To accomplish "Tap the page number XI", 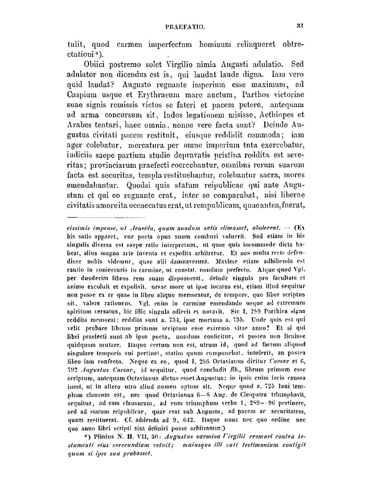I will pyautogui.click(x=300, y=26).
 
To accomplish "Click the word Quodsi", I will pyautogui.click(x=139, y=185).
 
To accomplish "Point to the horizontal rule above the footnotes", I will pyautogui.click(x=106, y=217).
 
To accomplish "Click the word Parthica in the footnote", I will pyautogui.click(x=276, y=312).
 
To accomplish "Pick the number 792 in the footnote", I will pyautogui.click(x=72, y=370).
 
